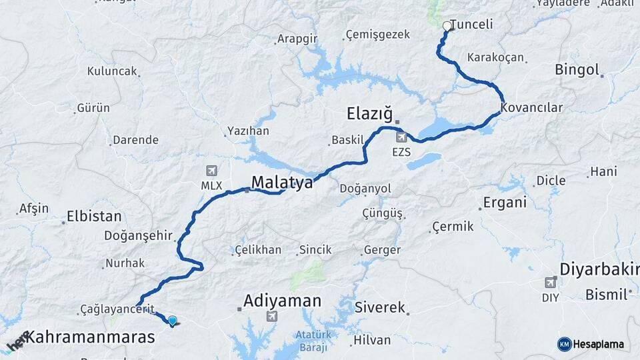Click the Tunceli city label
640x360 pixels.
click(471, 25)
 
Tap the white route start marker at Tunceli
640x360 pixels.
click(447, 27)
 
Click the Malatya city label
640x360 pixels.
click(281, 182)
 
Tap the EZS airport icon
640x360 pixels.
click(401, 137)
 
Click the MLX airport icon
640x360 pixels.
click(212, 171)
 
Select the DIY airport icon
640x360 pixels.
click(550, 283)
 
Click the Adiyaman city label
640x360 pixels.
click(282, 301)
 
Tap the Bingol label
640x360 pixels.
click(577, 69)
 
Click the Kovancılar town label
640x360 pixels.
click(532, 107)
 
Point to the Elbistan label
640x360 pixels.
click(94, 216)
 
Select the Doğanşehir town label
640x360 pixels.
click(138, 235)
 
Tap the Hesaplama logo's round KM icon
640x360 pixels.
click(564, 344)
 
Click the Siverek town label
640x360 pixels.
click(379, 307)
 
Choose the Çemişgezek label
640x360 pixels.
click(378, 35)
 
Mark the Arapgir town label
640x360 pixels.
click(298, 39)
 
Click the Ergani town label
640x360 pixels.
click(505, 202)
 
